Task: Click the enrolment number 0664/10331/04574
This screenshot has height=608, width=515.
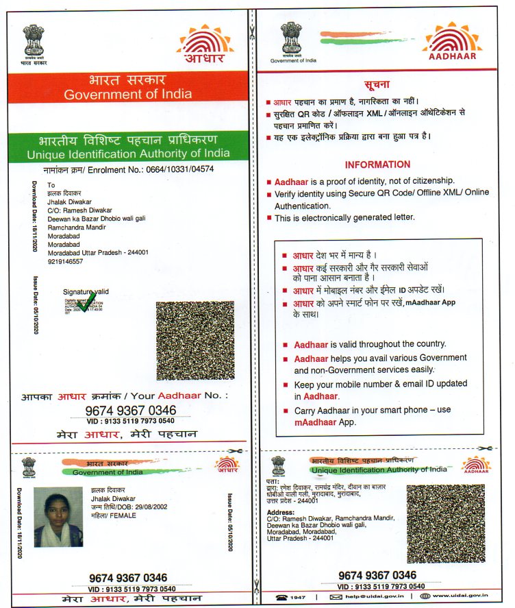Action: click(x=179, y=168)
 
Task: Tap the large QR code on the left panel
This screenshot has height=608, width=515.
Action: click(x=194, y=341)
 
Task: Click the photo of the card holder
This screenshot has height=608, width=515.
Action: click(x=58, y=517)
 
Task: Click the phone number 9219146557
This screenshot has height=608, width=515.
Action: click(x=65, y=261)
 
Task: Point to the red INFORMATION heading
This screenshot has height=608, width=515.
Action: click(x=377, y=165)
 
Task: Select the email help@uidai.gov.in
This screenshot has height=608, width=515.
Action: click(x=373, y=597)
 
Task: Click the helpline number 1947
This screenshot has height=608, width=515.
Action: click(x=297, y=597)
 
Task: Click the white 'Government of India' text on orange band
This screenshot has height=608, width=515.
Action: click(x=128, y=95)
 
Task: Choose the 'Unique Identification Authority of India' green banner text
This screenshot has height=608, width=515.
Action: click(x=128, y=154)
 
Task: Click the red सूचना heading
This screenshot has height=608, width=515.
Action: click(x=377, y=84)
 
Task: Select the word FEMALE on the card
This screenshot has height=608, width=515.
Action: click(x=123, y=515)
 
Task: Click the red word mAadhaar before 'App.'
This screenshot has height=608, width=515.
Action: click(x=314, y=422)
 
